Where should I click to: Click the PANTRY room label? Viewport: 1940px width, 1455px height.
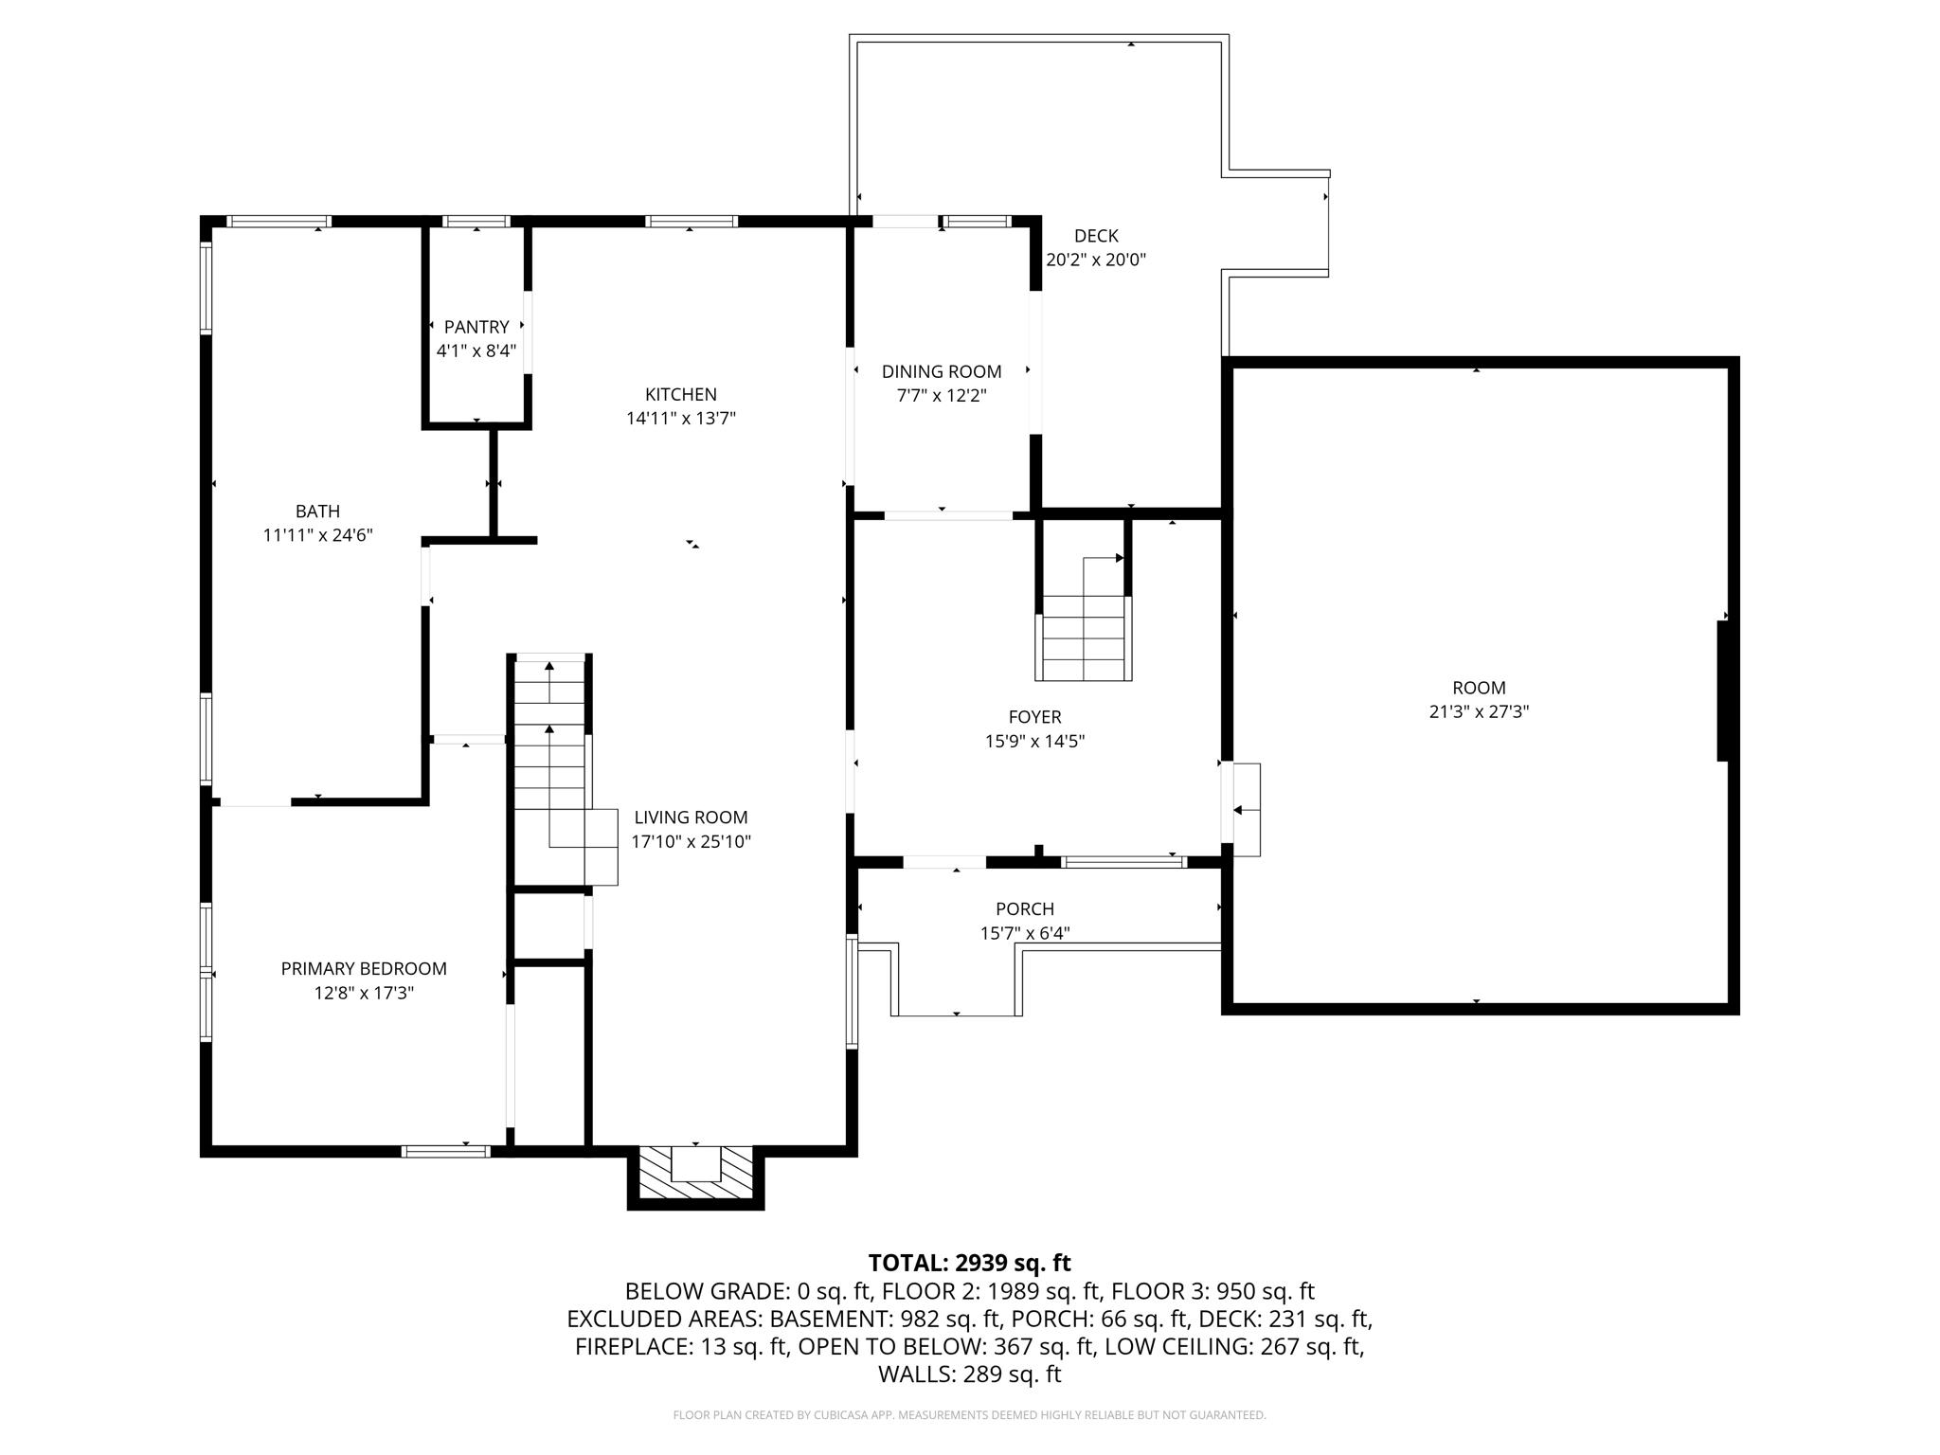[476, 327]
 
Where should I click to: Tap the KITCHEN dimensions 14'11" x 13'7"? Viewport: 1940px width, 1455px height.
[681, 418]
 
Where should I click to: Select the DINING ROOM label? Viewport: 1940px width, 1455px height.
[942, 371]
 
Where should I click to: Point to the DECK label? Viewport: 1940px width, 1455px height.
[1096, 236]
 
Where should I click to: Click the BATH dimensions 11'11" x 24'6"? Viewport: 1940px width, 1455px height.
[317, 535]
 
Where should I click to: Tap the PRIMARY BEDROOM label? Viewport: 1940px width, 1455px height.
[364, 968]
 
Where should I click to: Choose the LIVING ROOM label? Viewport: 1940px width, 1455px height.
[691, 817]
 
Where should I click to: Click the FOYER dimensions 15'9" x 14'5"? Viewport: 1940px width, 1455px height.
[1034, 742]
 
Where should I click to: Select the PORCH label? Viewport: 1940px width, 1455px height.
[1025, 909]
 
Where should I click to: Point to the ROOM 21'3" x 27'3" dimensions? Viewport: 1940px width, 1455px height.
[1479, 711]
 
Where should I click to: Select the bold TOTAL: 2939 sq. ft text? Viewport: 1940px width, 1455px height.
[969, 1263]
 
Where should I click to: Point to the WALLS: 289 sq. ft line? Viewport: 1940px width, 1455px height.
[969, 1374]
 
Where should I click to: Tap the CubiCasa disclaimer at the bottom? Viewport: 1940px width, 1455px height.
[969, 1415]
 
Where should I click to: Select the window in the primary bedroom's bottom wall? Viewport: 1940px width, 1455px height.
[445, 1151]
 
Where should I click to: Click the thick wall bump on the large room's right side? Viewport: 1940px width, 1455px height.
[1723, 691]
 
